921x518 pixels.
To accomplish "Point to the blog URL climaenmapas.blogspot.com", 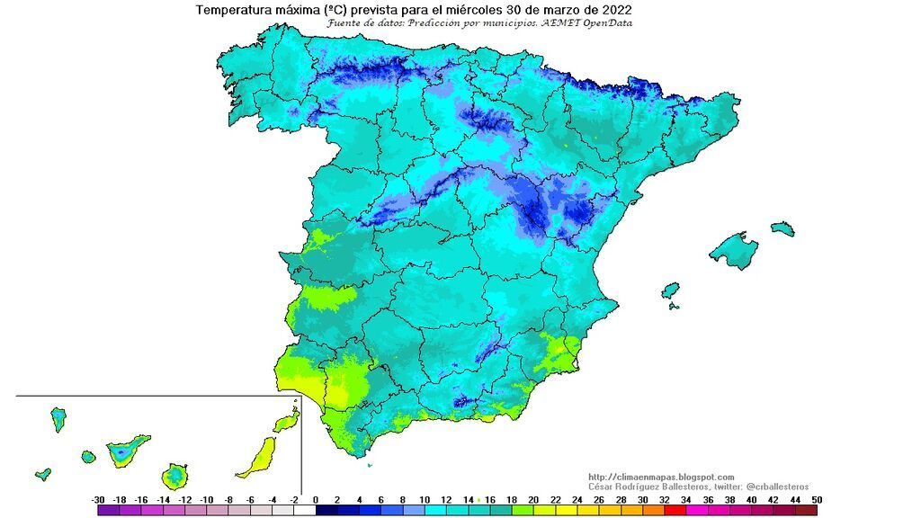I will pyautogui.click(x=661, y=477).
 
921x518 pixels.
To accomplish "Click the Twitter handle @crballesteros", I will pyautogui.click(x=777, y=487).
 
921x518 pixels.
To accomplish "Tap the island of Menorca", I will pyautogui.click(x=782, y=228).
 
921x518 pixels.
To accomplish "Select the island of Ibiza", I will pyautogui.click(x=670, y=290).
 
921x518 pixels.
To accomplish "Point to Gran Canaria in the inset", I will pyautogui.click(x=174, y=474).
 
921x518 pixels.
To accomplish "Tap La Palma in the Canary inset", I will pyautogui.click(x=58, y=418).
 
